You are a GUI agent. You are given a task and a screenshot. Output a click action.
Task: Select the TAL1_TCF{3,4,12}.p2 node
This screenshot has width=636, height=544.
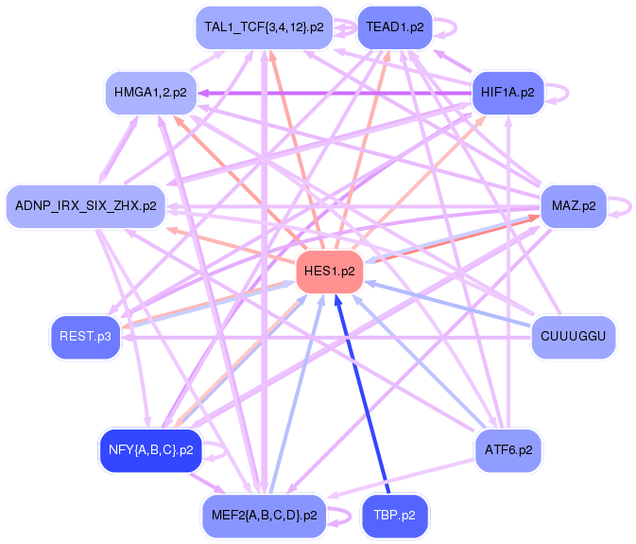pyautogui.click(x=264, y=27)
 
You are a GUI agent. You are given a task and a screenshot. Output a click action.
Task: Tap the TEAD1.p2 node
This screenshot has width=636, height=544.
pyautogui.click(x=396, y=27)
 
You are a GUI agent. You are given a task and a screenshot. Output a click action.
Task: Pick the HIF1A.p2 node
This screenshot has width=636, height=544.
pyautogui.click(x=507, y=93)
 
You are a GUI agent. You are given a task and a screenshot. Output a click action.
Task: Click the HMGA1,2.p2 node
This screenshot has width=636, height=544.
pyautogui.click(x=150, y=93)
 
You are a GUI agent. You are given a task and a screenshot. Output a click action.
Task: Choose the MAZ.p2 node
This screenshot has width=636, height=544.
pyautogui.click(x=574, y=205)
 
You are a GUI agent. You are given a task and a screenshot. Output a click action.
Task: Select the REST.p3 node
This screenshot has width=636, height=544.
pyautogui.click(x=85, y=336)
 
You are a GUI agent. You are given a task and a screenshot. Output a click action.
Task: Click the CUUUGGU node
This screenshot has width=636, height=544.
pyautogui.click(x=574, y=336)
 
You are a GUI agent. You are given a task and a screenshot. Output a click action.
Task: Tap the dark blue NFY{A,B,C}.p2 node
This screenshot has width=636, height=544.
pyautogui.click(x=150, y=449)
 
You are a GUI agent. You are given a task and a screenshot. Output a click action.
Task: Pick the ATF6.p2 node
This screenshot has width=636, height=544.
pyautogui.click(x=507, y=449)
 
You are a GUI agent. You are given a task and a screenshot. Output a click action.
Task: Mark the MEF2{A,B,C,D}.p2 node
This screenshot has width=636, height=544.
pyautogui.click(x=264, y=515)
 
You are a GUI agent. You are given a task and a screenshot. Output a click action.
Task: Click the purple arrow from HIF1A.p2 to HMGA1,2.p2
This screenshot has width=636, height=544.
pyautogui.click(x=331, y=93)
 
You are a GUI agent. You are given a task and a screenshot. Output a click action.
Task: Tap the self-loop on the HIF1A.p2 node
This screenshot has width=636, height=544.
pyautogui.click(x=559, y=93)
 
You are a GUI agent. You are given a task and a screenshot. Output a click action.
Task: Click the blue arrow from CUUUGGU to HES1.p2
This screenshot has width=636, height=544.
pyautogui.click(x=454, y=305)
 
